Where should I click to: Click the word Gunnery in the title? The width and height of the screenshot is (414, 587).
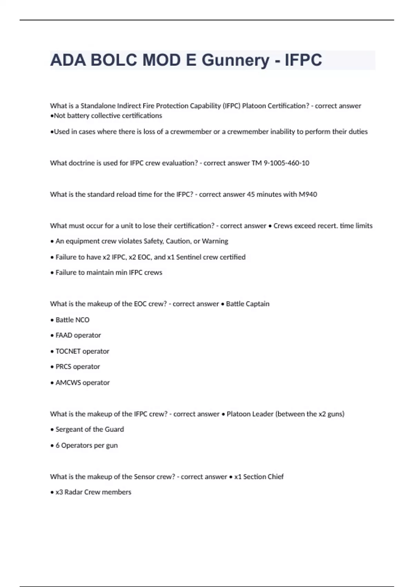tap(235, 60)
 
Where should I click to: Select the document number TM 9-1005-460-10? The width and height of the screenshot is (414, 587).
tap(280, 163)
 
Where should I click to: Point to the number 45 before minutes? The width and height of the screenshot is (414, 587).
tap(251, 194)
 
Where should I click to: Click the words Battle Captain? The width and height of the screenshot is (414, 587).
tap(247, 304)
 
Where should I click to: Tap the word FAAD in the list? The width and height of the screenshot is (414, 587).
tap(64, 335)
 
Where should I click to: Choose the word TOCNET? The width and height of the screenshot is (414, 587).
tap(68, 351)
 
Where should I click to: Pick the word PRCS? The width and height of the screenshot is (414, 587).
tap(63, 367)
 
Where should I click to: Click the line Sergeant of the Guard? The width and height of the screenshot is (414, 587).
tap(89, 429)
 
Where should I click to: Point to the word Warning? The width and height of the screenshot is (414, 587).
tap(215, 241)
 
